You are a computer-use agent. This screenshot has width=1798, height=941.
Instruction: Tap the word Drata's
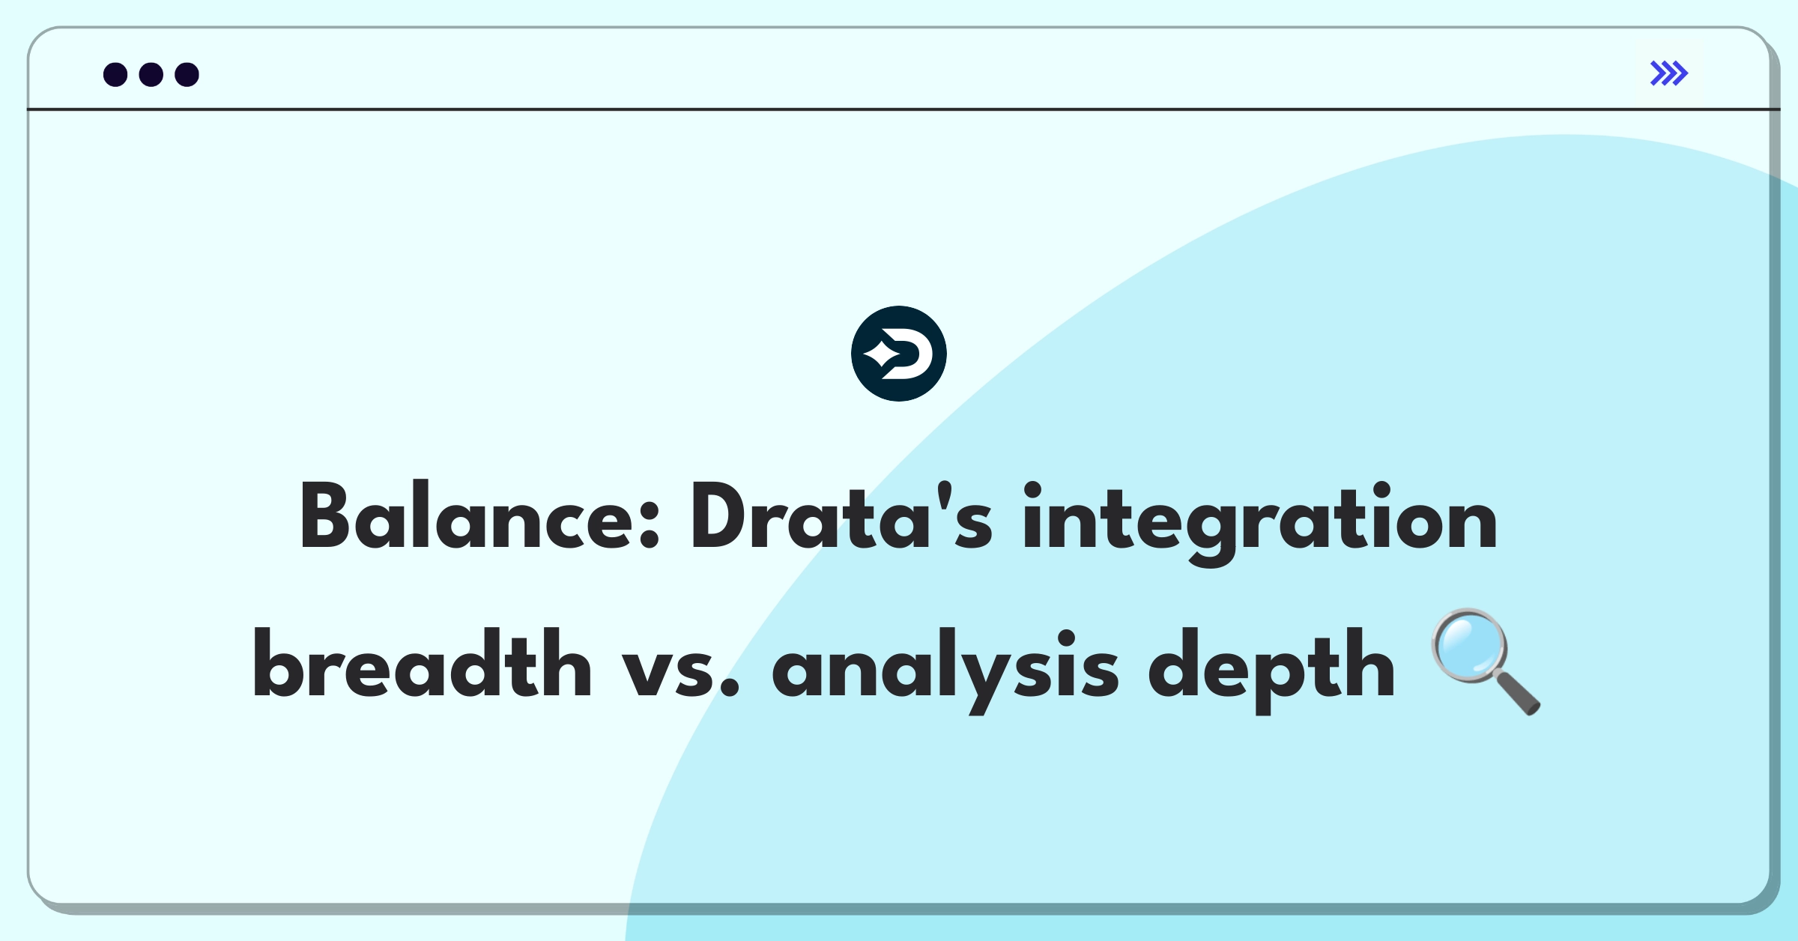[x=841, y=517]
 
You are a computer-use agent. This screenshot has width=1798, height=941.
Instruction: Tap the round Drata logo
[x=898, y=354]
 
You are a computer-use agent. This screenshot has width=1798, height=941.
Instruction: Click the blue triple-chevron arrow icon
[x=1668, y=73]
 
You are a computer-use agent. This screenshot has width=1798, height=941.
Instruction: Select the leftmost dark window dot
[x=115, y=74]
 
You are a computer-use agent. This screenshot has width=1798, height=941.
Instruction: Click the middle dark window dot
[x=151, y=74]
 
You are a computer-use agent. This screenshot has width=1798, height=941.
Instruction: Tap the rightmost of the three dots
[x=187, y=74]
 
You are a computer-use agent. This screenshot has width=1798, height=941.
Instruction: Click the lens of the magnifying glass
[x=1469, y=645]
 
